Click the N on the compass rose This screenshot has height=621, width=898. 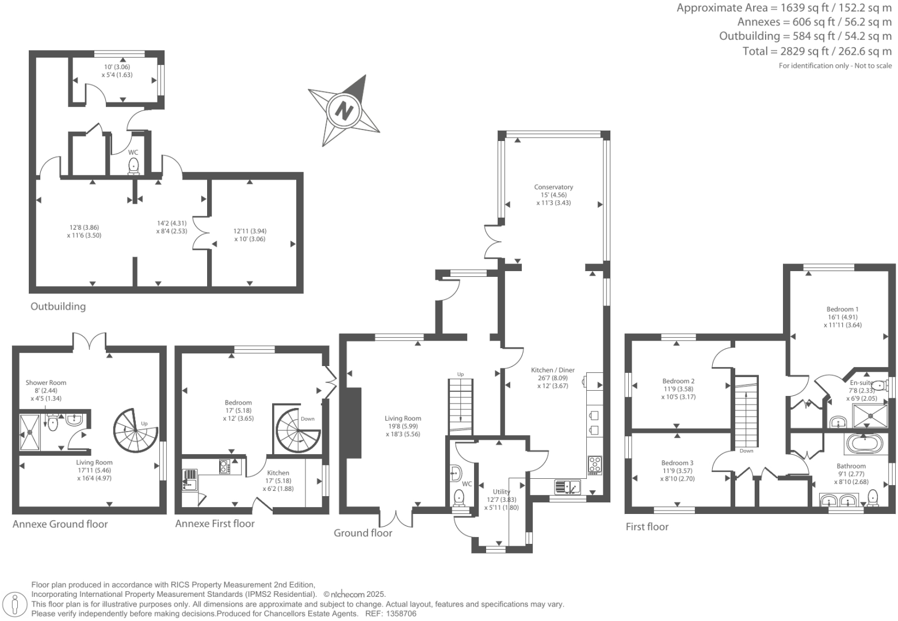point(343,109)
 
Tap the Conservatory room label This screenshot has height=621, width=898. point(553,187)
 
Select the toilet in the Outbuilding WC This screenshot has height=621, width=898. point(133,166)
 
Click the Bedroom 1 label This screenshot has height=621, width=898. point(842,309)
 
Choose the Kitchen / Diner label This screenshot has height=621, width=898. point(552,370)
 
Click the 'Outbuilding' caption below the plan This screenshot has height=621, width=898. point(58,306)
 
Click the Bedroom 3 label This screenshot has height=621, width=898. point(677,463)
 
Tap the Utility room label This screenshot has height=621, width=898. point(501,492)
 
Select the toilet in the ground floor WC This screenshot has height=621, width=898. point(459,496)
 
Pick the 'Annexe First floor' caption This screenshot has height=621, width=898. point(215,523)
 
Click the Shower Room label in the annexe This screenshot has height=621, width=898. point(45,383)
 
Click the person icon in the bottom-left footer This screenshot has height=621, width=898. point(16,604)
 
